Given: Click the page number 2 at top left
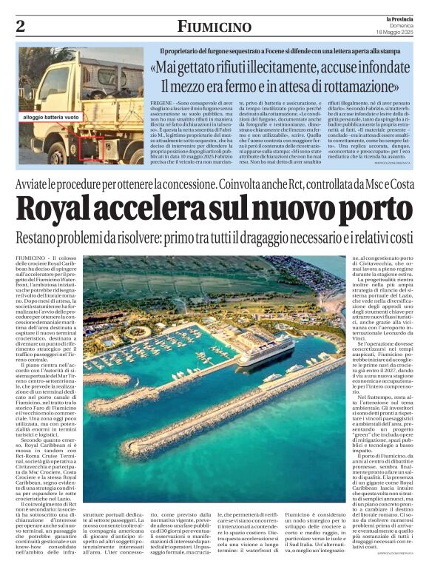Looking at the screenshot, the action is click(20, 27).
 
